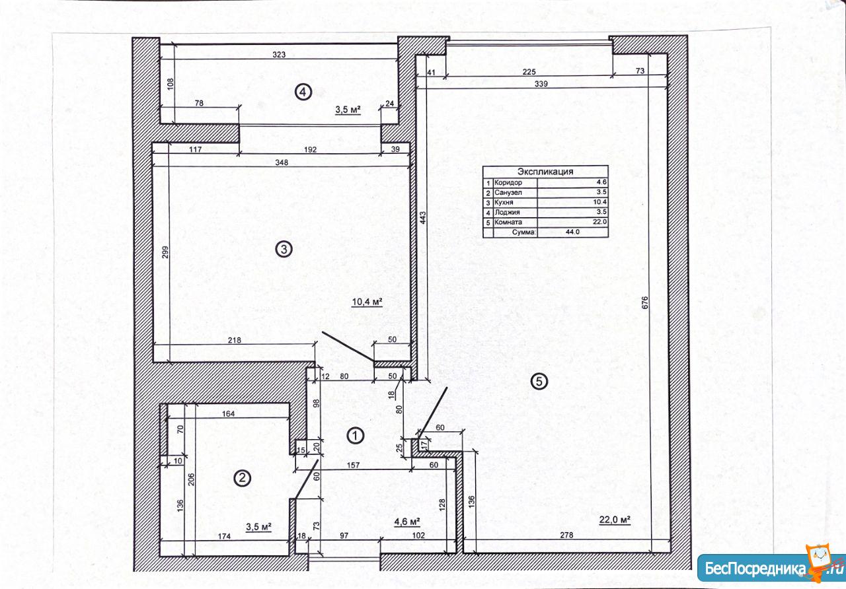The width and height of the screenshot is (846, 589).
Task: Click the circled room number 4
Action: [x=303, y=92]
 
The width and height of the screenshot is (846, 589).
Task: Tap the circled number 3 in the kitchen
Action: [x=284, y=249]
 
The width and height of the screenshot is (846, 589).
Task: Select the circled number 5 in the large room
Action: [x=539, y=382]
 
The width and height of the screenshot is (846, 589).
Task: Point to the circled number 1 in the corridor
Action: [x=355, y=436]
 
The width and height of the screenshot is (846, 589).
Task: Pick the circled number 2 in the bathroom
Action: [x=242, y=478]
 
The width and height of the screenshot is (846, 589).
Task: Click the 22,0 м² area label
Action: [x=615, y=520]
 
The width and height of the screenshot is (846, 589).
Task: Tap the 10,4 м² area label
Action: [x=367, y=302]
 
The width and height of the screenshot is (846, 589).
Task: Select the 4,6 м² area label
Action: [x=407, y=522]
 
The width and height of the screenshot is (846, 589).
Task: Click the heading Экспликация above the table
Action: [x=545, y=172]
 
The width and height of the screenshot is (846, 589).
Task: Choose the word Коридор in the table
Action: [x=508, y=183]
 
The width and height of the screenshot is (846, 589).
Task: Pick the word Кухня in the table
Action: [x=504, y=202]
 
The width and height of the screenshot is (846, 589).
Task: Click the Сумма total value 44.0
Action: [x=572, y=232]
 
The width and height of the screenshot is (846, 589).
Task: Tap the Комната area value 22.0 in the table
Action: [x=599, y=222]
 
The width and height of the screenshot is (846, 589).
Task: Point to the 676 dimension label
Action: [x=645, y=302]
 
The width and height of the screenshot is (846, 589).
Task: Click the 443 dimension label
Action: [x=422, y=218]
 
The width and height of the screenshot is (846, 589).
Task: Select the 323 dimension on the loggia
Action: [x=279, y=55]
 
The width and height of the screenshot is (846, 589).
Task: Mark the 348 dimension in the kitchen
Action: [x=282, y=162]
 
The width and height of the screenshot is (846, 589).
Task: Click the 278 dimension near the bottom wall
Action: [x=566, y=535]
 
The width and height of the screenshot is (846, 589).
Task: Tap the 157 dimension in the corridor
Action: [x=353, y=466]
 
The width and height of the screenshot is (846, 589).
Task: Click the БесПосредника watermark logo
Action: [x=769, y=567]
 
